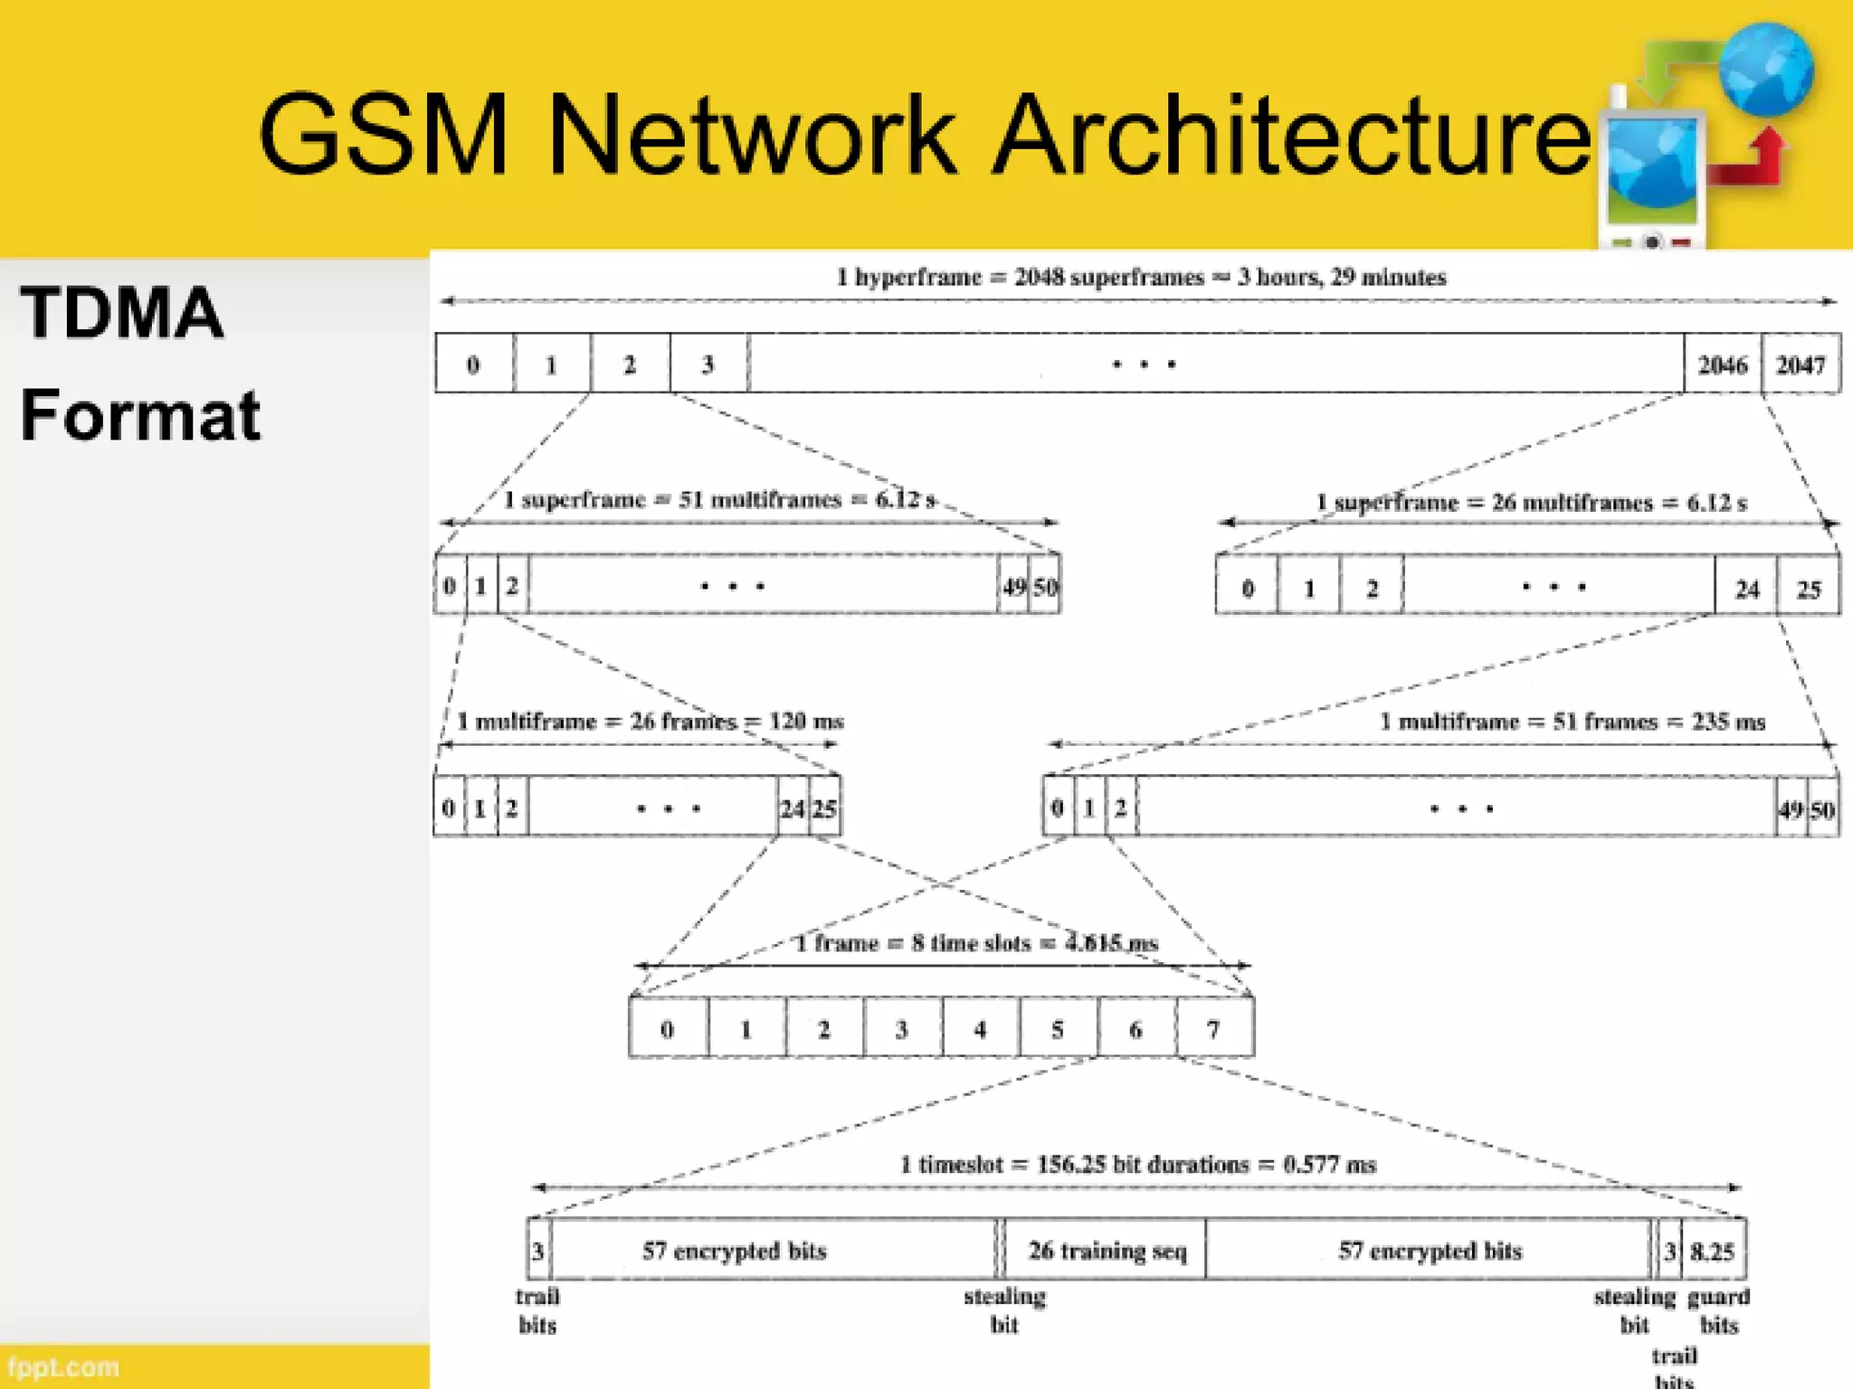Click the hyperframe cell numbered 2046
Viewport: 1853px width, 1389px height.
click(x=1722, y=364)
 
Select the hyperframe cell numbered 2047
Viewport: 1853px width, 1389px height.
click(x=1801, y=364)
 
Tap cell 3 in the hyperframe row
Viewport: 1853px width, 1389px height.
click(x=708, y=364)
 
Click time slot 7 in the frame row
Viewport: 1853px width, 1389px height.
click(x=1214, y=1029)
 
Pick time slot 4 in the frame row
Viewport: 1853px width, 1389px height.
click(x=980, y=1029)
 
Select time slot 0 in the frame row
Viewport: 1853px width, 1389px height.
click(x=668, y=1029)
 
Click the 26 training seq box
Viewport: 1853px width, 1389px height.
click(x=1106, y=1251)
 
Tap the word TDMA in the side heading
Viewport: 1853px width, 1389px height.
click(x=121, y=313)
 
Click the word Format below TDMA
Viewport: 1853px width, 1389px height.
click(x=140, y=415)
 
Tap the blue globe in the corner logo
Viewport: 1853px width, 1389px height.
click(x=1766, y=71)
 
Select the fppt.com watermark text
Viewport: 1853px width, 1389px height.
click(x=63, y=1366)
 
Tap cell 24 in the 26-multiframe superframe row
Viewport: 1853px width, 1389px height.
click(x=1746, y=589)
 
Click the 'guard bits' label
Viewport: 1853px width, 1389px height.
click(x=1718, y=1310)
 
